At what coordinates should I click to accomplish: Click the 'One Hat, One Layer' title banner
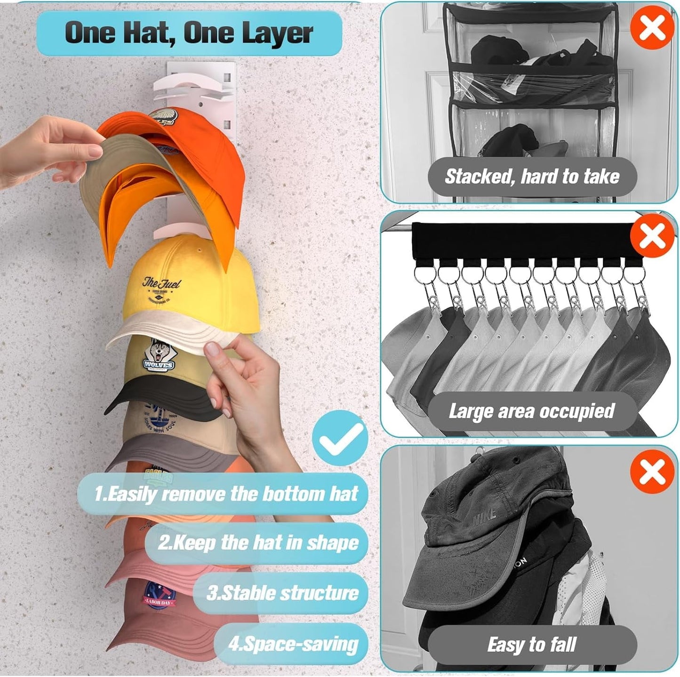tap(189, 33)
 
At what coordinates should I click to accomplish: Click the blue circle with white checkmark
tap(340, 438)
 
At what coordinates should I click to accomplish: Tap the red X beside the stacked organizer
tap(652, 27)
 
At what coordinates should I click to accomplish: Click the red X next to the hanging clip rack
tap(652, 236)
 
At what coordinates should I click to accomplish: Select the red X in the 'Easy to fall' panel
tap(652, 471)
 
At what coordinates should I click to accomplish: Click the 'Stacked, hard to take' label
tap(532, 177)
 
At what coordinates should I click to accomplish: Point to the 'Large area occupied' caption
tap(532, 411)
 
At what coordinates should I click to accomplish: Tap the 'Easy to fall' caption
tap(532, 645)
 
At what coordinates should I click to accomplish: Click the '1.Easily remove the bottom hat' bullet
tap(226, 494)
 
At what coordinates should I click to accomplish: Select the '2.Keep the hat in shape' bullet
tap(258, 543)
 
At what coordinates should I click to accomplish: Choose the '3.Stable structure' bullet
tap(282, 593)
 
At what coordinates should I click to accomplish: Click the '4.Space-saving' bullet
tap(293, 643)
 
